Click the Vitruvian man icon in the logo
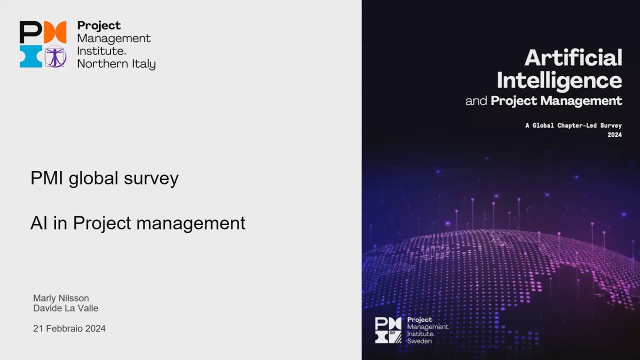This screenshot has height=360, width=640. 55,56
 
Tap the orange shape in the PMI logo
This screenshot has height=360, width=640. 55,32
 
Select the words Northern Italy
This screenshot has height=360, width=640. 116,64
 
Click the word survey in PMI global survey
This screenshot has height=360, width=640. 151,178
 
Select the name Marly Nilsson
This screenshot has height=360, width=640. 61,298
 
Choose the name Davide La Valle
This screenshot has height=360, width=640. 65,308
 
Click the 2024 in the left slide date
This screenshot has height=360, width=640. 95,328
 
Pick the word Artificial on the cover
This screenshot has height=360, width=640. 573,58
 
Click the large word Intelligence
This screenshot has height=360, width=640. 559,80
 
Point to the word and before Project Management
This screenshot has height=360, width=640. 476,101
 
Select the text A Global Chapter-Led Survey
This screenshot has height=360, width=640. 573,126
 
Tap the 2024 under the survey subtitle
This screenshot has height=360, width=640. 614,135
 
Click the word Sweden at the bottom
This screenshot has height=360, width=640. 419,341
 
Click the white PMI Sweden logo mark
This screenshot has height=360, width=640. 388,330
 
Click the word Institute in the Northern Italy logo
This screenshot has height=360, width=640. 100,51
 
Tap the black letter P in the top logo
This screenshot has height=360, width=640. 30,32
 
